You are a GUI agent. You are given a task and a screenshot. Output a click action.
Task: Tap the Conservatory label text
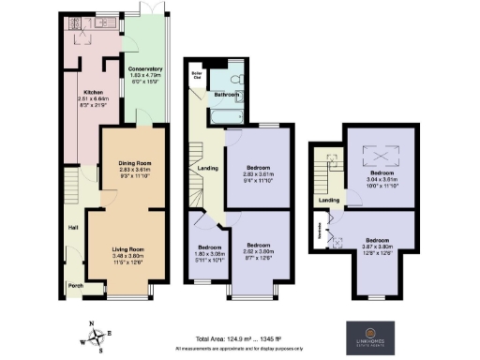pos(145,68)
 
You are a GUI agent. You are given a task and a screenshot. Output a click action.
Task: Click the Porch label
pos(74,285)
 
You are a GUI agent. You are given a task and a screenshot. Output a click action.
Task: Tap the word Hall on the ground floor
pos(72,227)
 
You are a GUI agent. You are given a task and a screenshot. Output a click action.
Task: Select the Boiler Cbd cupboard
pos(198,73)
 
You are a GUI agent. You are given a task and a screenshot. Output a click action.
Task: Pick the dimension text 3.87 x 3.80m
pos(377,247)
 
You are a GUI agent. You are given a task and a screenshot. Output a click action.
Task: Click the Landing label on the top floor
pos(328,200)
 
